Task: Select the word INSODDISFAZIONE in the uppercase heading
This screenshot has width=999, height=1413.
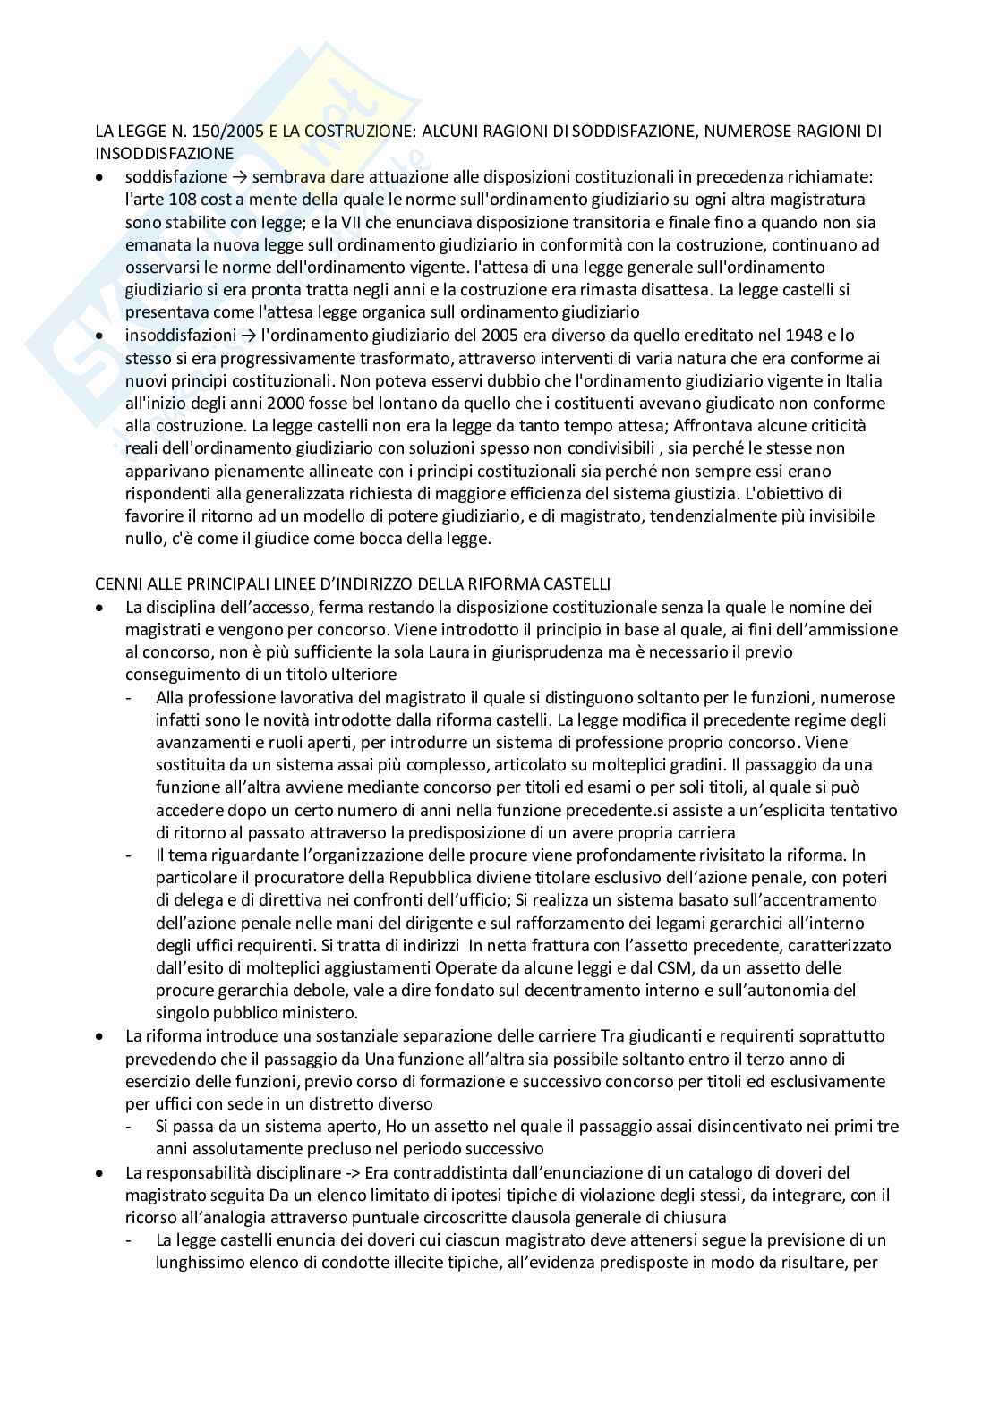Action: (x=165, y=154)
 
